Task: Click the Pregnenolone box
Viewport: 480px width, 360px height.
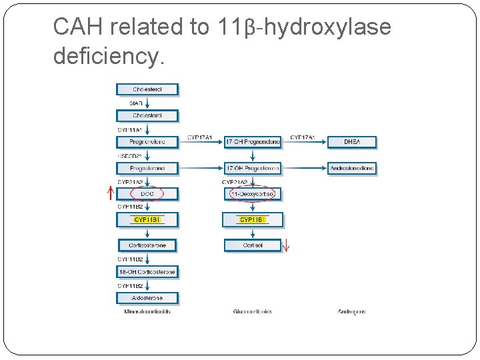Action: [147, 142]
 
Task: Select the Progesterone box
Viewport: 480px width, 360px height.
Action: [147, 168]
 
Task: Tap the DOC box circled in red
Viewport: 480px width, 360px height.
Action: [147, 194]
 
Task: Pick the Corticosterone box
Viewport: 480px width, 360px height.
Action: [147, 245]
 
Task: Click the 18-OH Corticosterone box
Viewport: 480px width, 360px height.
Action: [147, 272]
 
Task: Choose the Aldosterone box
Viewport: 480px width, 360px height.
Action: [147, 298]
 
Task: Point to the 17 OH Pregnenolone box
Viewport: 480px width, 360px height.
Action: [253, 142]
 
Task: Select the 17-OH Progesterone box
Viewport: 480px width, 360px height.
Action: [253, 168]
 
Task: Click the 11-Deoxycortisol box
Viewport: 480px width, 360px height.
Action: [253, 194]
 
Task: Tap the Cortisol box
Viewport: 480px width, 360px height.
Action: [253, 245]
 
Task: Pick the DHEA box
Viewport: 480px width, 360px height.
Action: [352, 142]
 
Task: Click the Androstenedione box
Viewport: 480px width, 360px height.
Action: [352, 168]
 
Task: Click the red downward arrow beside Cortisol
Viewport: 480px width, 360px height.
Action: [287, 245]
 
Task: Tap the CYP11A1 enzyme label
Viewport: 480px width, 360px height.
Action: [131, 129]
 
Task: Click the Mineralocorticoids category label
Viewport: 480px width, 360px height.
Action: [147, 311]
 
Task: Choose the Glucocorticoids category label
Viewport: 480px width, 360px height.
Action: [253, 311]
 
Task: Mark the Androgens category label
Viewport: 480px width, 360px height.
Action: [352, 311]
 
